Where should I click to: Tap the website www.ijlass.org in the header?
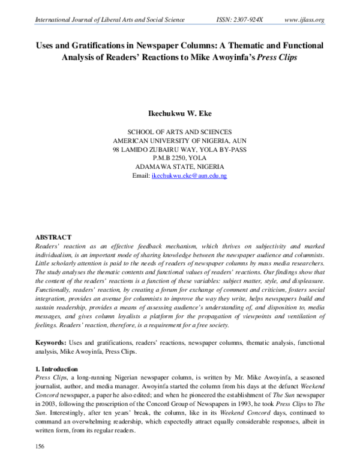[304, 20]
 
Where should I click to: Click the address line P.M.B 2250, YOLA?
[180, 157]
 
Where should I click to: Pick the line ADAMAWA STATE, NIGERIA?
[180, 166]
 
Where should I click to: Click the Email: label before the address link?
[141, 175]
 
